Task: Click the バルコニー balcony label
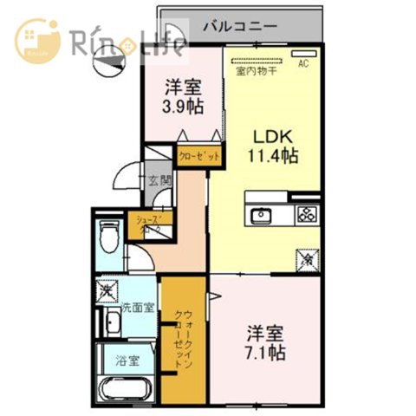pyautogui.click(x=240, y=26)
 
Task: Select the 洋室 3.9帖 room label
pyautogui.click(x=183, y=96)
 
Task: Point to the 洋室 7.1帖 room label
pyautogui.click(x=266, y=342)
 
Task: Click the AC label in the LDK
pyautogui.click(x=304, y=63)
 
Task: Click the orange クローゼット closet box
pyautogui.click(x=199, y=157)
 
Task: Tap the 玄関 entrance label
pyautogui.click(x=159, y=181)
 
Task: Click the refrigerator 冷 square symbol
pyautogui.click(x=306, y=258)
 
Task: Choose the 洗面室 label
pyautogui.click(x=137, y=307)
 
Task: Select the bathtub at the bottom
pyautogui.click(x=128, y=390)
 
